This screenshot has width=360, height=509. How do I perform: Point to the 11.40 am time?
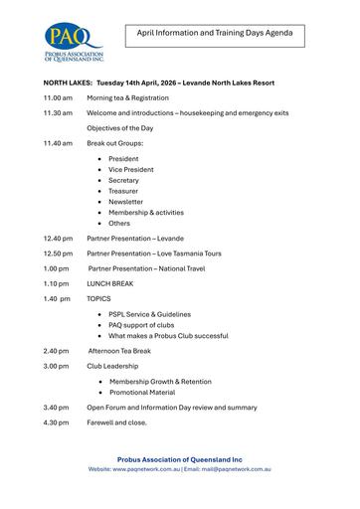point(58,143)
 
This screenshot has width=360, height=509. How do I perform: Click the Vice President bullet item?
point(131,170)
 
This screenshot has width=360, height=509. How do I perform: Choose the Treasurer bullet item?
point(124,191)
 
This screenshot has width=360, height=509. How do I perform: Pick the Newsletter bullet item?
point(126,202)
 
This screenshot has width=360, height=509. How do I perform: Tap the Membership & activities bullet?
point(146,213)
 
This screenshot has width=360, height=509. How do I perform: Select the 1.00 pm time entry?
point(56,268)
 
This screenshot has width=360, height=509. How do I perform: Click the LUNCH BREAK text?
point(109,283)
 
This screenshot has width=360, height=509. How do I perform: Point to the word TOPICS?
point(99,298)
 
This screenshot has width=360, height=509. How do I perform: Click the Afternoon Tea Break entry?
point(119,350)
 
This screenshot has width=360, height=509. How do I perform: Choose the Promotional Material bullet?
point(147,392)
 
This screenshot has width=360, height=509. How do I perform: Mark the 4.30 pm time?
point(56,422)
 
